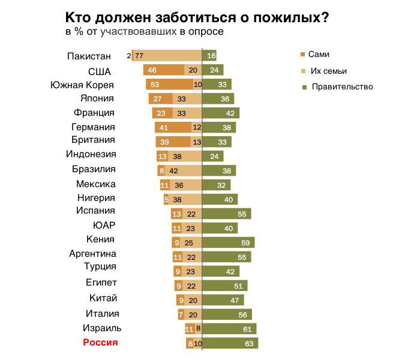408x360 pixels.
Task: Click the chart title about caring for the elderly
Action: [196, 17]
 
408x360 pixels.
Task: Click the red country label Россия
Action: [100, 343]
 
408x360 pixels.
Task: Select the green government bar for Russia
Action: [230, 343]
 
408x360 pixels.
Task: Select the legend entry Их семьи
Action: [328, 71]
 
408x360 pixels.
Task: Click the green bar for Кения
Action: [229, 242]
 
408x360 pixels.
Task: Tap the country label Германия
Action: [93, 127]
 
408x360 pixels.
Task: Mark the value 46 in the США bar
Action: [152, 70]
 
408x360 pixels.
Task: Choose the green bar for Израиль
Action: [229, 329]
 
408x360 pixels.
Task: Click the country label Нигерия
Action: [96, 197]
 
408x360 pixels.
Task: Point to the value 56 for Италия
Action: [243, 314]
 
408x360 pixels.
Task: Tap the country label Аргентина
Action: [93, 254]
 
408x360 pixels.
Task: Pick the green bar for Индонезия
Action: [213, 156]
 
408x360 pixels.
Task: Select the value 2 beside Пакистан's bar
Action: [129, 56]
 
